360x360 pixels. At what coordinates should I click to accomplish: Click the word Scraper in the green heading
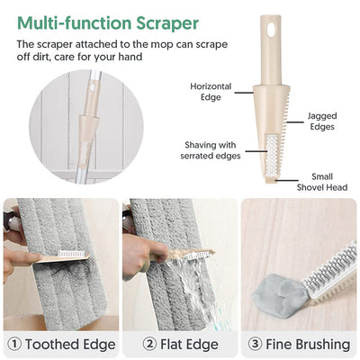(x=167, y=23)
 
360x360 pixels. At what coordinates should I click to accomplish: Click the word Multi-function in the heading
(x=75, y=22)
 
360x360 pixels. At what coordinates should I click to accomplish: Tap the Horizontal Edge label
(x=211, y=92)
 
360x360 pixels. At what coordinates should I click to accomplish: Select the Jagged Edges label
(x=322, y=121)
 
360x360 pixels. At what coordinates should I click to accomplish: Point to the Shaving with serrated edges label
(x=211, y=150)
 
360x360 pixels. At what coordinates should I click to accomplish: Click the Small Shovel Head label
(x=322, y=182)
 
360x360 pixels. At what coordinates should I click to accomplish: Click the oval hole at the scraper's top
(x=271, y=30)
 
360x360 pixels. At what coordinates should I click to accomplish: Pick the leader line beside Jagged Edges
(x=295, y=122)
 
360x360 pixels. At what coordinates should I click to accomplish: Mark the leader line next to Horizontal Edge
(x=244, y=93)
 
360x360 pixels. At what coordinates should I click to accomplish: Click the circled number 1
(x=14, y=344)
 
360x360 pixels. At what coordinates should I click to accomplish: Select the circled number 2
(x=149, y=344)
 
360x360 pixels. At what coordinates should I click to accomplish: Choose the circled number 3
(x=255, y=344)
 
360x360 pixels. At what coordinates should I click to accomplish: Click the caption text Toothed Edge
(x=70, y=344)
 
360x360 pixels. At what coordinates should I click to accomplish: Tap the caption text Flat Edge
(x=189, y=344)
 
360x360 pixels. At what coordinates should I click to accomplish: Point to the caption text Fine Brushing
(x=308, y=344)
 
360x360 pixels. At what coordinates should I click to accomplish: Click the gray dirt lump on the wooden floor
(x=280, y=296)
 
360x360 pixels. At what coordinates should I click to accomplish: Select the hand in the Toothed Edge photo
(x=19, y=258)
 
